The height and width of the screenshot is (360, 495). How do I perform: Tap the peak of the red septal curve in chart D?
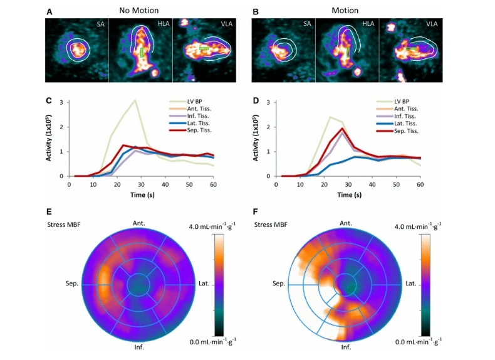(342, 129)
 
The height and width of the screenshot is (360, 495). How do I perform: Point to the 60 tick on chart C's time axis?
(214, 185)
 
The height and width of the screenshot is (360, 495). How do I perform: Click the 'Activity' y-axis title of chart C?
(48, 139)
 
